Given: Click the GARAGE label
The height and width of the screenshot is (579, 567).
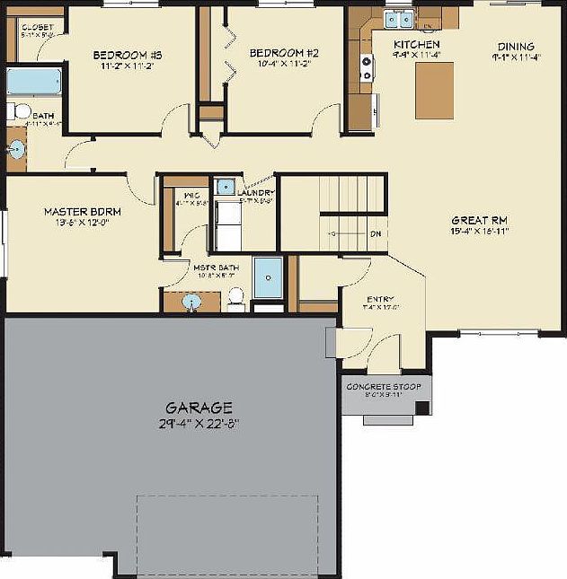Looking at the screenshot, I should (199, 407).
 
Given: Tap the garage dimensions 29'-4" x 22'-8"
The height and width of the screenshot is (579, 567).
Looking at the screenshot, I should (199, 422).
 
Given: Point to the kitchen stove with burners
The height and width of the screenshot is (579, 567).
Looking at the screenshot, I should (367, 63).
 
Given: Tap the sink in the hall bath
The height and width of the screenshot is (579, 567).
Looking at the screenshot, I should (16, 149).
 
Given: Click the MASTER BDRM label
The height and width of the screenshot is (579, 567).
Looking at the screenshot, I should (82, 212).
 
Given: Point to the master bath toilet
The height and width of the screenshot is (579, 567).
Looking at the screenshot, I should (236, 297).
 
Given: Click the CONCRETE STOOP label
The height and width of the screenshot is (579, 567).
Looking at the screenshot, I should (384, 387).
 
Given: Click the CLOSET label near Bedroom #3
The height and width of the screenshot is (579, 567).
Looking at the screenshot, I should (37, 28).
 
